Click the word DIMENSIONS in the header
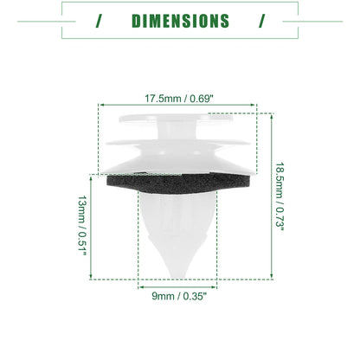point(180,21)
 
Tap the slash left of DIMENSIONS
point(100,21)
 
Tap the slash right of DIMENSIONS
point(262,21)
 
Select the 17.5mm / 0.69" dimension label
point(179,99)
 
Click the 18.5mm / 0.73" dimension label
point(280,196)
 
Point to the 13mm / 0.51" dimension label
point(82,226)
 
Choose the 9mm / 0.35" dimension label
point(179,296)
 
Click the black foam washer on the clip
point(179,183)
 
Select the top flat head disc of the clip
point(176,119)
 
